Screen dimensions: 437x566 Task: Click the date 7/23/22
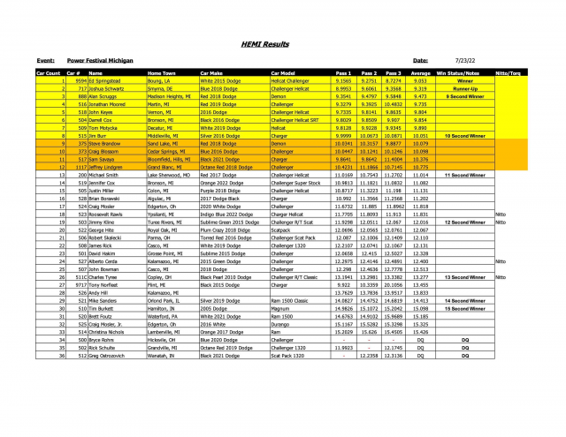click(x=443, y=59)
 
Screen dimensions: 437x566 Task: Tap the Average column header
click(x=421, y=72)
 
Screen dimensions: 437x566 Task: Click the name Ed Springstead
click(x=107, y=80)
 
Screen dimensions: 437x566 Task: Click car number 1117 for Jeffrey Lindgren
click(x=80, y=167)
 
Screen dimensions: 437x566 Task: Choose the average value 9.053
click(x=421, y=80)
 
